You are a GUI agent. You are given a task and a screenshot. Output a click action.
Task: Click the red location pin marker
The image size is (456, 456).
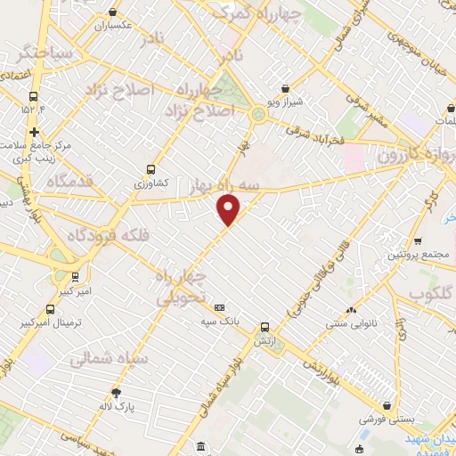pyautogui.click(x=229, y=210)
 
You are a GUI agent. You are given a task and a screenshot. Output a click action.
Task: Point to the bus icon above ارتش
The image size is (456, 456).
pyautogui.click(x=264, y=327)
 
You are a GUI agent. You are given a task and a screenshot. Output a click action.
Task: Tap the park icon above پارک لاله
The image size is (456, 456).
pyautogui.click(x=116, y=393)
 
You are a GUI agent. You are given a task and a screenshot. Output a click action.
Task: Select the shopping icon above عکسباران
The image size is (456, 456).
pyautogui.click(x=113, y=12)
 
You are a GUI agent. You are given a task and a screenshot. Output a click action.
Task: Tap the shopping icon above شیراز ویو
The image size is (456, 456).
pyautogui.click(x=284, y=88)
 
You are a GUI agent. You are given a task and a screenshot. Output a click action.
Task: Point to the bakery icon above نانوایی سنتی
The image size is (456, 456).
pyautogui.click(x=351, y=311)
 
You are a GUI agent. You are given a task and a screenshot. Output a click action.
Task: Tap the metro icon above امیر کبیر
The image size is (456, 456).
pyautogui.click(x=75, y=277)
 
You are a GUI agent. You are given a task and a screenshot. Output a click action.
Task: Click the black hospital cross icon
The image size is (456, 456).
pyautogui.click(x=34, y=132)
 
